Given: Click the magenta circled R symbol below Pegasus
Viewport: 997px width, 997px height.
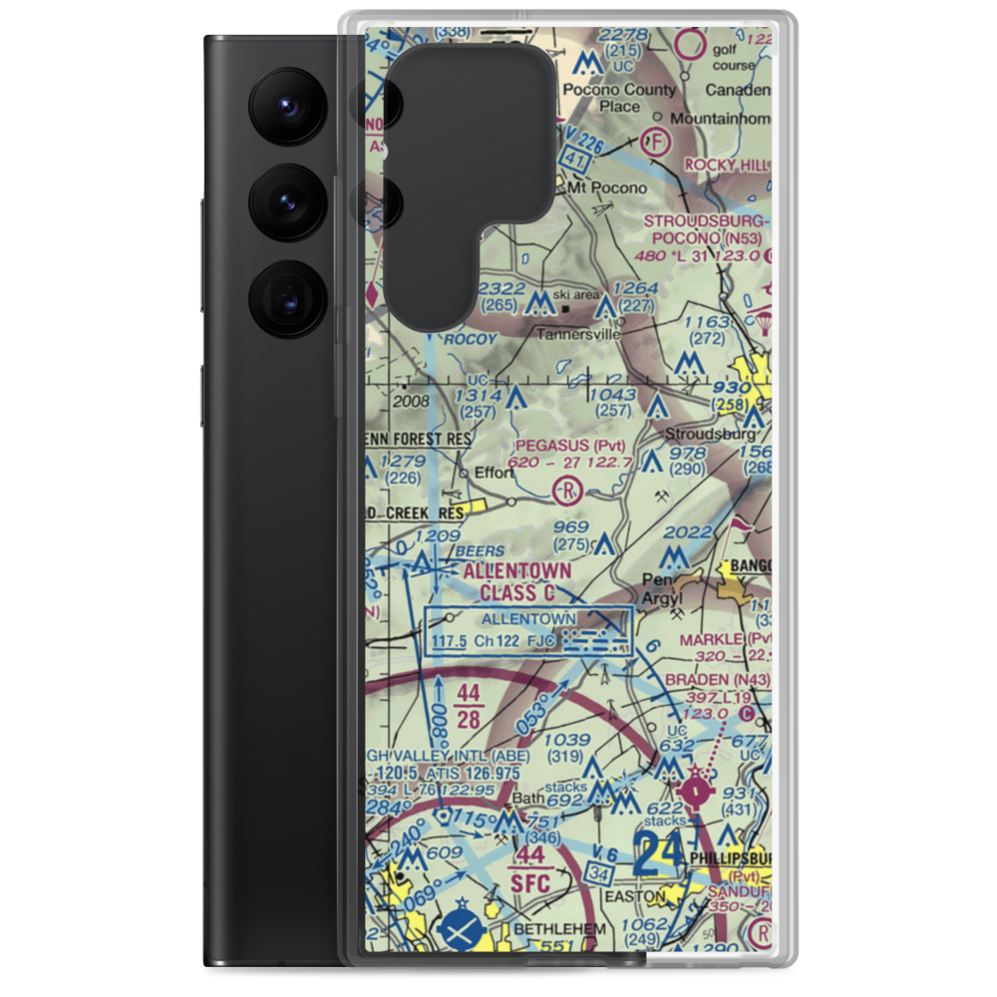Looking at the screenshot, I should pyautogui.click(x=567, y=490).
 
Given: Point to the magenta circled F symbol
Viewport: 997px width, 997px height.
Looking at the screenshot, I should pyautogui.click(x=656, y=141).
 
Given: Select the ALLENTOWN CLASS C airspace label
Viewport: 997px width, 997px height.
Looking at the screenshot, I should pyautogui.click(x=516, y=582).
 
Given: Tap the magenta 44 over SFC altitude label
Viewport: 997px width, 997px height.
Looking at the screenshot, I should pyautogui.click(x=528, y=867).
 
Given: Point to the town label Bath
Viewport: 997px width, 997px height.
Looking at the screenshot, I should pyautogui.click(x=525, y=800).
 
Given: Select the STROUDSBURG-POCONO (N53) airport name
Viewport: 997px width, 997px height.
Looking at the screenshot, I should pyautogui.click(x=707, y=229).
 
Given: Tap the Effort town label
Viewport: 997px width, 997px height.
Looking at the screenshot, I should pyautogui.click(x=494, y=473).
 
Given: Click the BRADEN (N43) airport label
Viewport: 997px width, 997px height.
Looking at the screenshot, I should pyautogui.click(x=726, y=680).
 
